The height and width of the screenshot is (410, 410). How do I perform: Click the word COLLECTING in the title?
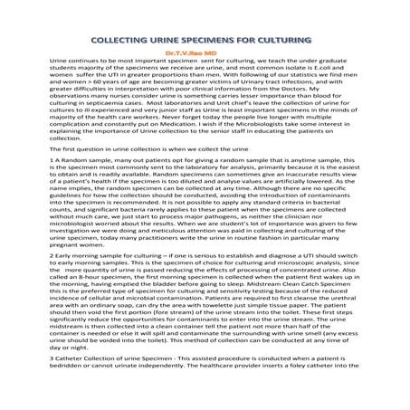[122, 40]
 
